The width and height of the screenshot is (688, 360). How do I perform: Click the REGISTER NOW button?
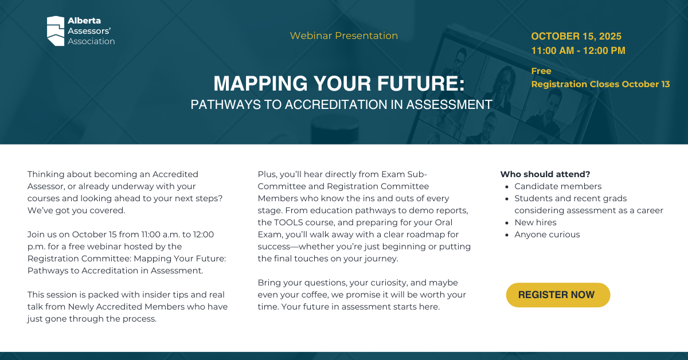click(x=558, y=295)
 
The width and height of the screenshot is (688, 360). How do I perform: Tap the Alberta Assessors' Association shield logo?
click(x=56, y=31)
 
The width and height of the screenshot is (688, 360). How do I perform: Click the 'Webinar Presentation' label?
click(x=343, y=36)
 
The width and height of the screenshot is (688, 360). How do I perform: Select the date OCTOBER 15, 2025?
click(x=576, y=36)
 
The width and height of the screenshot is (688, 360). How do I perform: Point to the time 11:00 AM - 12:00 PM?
click(x=578, y=50)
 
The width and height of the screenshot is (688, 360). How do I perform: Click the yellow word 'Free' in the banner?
click(x=541, y=71)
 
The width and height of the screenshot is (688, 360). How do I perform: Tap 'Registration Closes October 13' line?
click(x=600, y=84)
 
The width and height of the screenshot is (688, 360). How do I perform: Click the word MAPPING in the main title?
click(x=260, y=83)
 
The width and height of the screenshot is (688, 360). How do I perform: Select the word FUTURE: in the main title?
click(x=421, y=83)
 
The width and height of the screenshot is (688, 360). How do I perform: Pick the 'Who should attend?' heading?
click(x=545, y=174)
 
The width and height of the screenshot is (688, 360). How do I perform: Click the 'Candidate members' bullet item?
click(x=558, y=186)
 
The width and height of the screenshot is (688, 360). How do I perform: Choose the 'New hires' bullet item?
click(x=535, y=222)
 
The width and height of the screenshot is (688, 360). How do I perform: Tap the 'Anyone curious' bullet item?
click(x=547, y=234)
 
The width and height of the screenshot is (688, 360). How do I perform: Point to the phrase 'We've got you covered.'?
click(x=76, y=210)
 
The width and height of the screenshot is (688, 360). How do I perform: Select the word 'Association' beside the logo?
click(x=91, y=41)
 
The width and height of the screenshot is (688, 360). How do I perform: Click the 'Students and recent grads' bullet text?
click(x=570, y=198)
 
